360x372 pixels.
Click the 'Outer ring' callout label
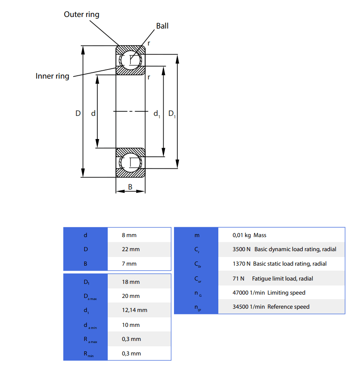click(82, 14)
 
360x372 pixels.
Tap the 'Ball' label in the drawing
click(162, 26)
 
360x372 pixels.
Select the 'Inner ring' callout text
click(52, 76)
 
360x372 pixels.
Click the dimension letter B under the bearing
click(130, 187)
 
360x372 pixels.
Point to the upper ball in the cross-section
click(130, 60)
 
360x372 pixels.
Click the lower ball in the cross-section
click(130, 163)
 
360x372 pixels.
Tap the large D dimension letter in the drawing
click(78, 113)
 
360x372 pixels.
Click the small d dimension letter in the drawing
click(93, 113)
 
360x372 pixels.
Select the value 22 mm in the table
click(130, 250)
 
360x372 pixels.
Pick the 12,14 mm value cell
click(134, 310)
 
